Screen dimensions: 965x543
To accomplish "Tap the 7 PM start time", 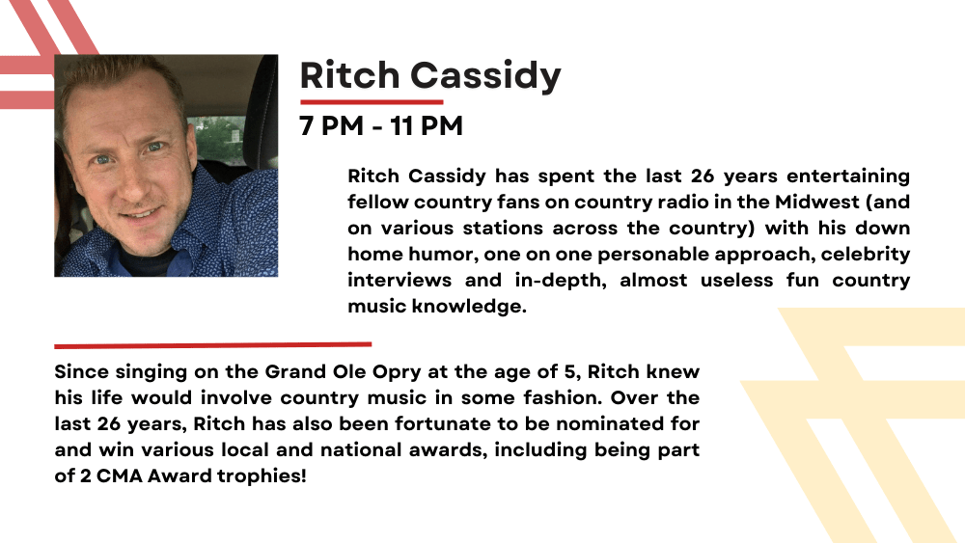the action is coord(331,125).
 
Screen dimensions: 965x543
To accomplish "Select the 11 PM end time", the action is coord(426,125).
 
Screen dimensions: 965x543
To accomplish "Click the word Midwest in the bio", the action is coord(816,202).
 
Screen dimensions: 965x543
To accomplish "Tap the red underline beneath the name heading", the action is coord(372,102).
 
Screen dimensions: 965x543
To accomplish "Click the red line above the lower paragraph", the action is coord(213,345).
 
